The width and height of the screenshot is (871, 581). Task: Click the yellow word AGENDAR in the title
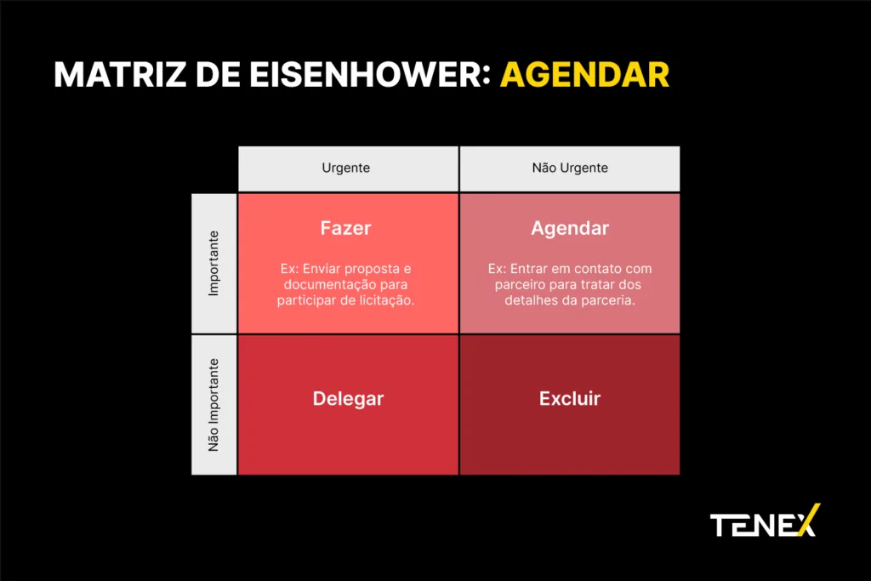point(584,74)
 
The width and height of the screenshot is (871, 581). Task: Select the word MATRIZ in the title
point(120,74)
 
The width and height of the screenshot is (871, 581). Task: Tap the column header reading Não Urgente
point(570,168)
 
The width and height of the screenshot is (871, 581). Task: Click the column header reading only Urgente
point(345,168)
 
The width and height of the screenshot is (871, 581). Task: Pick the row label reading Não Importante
point(213,404)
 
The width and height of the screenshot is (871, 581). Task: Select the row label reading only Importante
point(213,264)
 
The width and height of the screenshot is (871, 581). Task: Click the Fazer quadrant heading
point(345,228)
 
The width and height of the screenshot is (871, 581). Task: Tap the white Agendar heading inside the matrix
point(570,228)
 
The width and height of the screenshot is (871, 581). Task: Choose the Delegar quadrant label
point(348,399)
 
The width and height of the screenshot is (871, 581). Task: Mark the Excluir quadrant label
point(570,398)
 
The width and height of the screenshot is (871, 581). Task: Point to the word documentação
point(330,285)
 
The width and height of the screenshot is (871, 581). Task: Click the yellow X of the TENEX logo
point(809,521)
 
